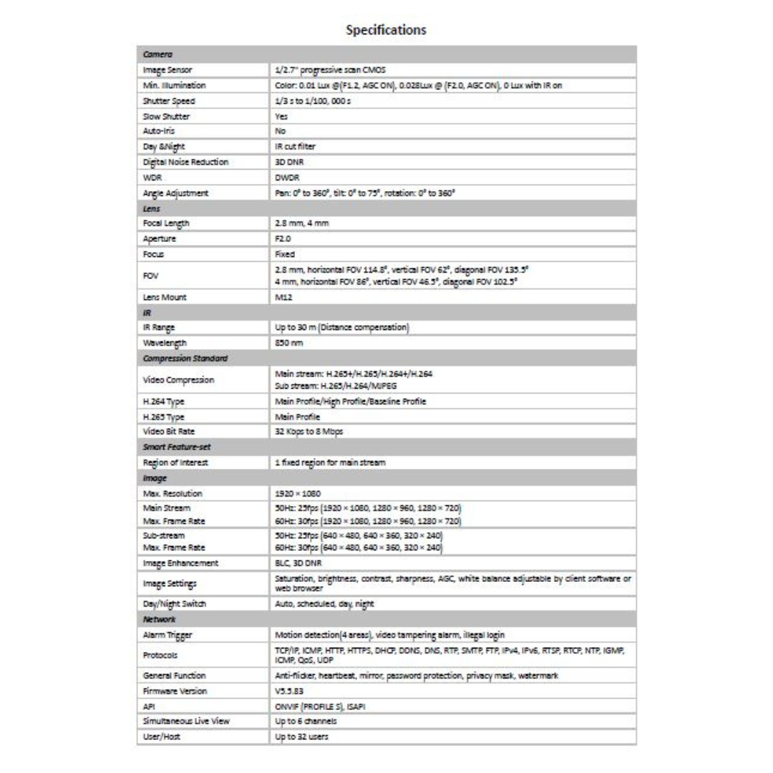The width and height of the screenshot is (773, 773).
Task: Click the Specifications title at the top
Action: pos(386,30)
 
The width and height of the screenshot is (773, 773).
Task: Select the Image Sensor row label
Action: pos(168,70)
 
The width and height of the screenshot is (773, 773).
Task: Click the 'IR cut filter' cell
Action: pos(295,147)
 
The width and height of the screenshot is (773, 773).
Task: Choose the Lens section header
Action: pos(151,208)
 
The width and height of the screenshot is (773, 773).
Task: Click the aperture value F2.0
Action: pos(285,238)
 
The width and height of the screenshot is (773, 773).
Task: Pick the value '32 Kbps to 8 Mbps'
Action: pos(309,432)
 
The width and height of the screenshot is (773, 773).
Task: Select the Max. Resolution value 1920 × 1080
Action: pos(298,494)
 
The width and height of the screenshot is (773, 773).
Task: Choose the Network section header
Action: pos(160,618)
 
